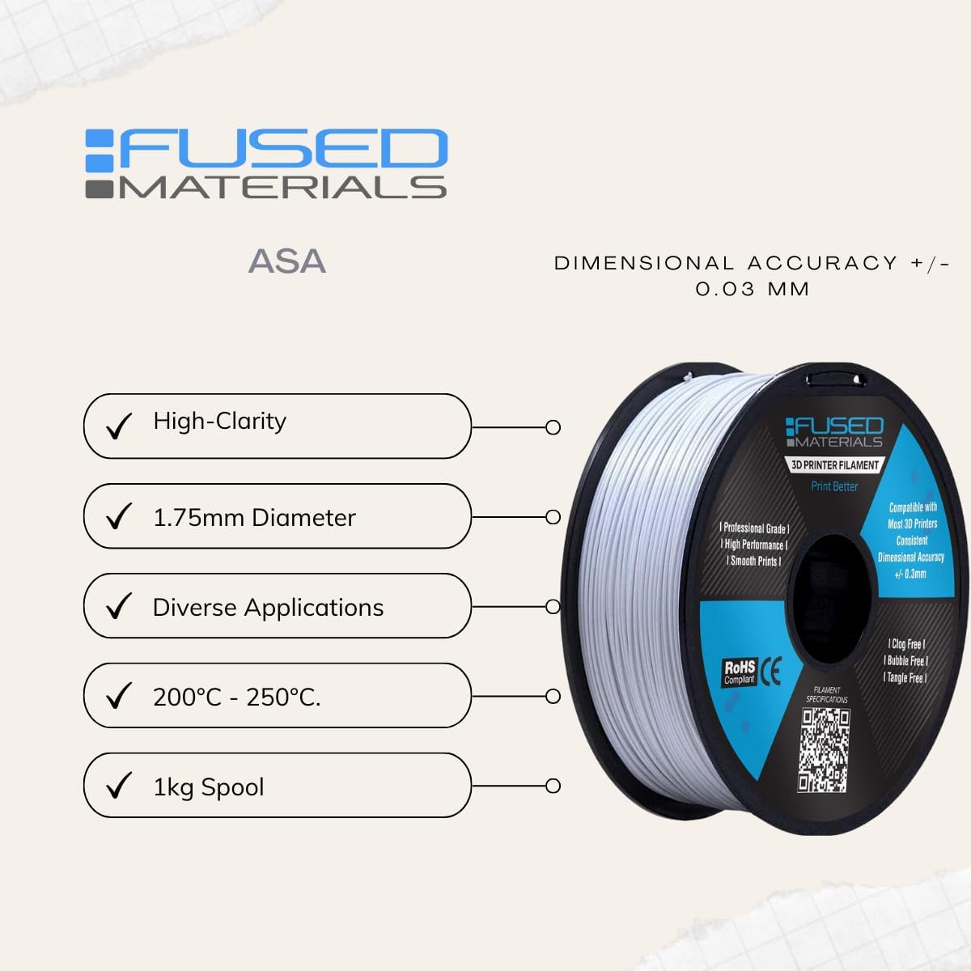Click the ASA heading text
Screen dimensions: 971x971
pos(287,261)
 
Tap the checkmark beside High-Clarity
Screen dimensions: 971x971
pos(119,426)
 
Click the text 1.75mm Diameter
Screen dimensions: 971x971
pos(254,518)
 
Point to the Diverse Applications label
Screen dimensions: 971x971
pos(268,608)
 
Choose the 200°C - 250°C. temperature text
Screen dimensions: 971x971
pos(236,697)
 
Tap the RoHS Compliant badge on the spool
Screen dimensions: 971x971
pos(740,672)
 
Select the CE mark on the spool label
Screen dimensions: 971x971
pos(773,672)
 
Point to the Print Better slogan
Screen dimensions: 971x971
pos(834,486)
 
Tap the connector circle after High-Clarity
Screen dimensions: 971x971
pos(553,427)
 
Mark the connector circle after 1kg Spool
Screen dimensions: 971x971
pos(553,786)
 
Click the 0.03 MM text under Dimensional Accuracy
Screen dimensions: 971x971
pos(753,289)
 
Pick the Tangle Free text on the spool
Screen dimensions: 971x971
pos(905,678)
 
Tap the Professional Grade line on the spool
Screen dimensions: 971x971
pos(755,528)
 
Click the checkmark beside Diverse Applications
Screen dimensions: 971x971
pos(119,606)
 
